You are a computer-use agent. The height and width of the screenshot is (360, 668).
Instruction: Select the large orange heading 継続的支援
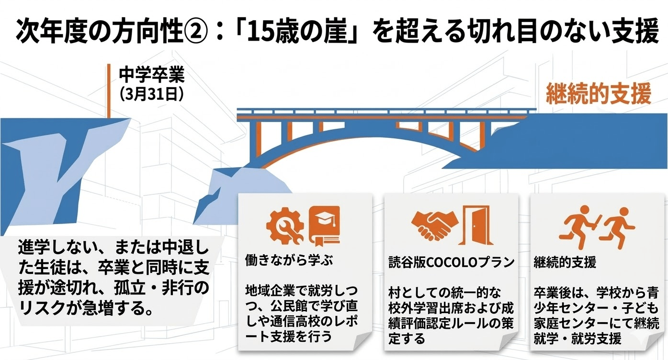599,94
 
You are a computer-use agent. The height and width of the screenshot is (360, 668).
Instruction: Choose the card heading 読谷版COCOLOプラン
452,262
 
